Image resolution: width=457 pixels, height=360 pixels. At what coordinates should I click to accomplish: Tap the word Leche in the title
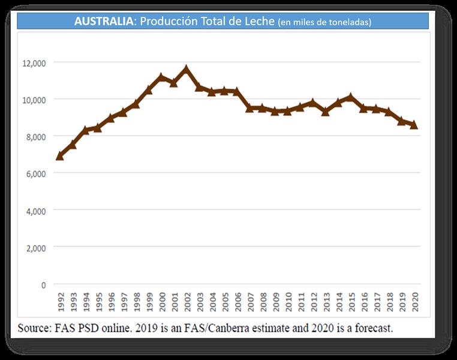(x=259, y=22)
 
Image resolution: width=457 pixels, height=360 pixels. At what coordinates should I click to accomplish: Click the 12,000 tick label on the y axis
(x=34, y=62)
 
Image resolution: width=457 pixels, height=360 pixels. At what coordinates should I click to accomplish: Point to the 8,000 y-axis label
(x=35, y=137)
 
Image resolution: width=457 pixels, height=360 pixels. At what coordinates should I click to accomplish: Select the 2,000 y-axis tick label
(x=35, y=247)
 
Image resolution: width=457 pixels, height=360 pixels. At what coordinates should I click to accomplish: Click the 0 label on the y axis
(x=43, y=284)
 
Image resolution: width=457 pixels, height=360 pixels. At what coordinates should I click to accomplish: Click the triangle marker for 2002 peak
(x=187, y=70)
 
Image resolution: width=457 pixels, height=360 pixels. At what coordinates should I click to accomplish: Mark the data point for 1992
(x=60, y=156)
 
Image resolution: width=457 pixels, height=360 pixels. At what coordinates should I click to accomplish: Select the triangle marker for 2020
(x=414, y=125)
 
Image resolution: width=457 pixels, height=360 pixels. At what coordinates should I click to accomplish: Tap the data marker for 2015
(x=351, y=97)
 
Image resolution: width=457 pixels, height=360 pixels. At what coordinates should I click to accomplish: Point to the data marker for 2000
(x=161, y=77)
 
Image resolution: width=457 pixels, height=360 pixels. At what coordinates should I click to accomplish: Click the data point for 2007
(x=249, y=108)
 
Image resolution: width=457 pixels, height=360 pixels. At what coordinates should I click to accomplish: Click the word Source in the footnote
(x=33, y=328)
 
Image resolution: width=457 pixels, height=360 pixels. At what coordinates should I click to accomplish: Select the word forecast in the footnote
(x=372, y=328)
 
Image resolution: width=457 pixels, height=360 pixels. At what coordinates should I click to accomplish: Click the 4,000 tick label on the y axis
(x=35, y=211)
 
